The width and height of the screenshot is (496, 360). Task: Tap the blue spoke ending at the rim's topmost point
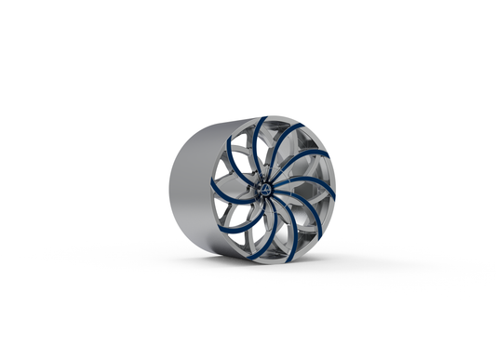(263, 121)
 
